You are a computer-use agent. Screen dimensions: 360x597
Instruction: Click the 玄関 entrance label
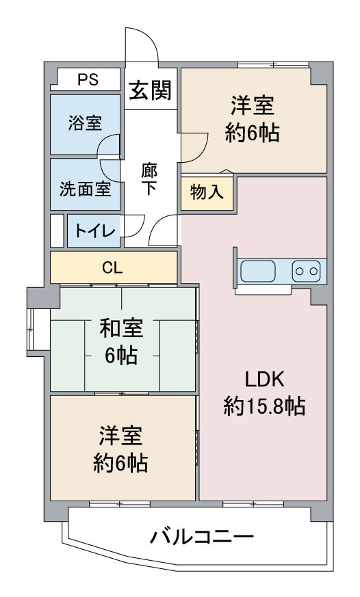(150, 91)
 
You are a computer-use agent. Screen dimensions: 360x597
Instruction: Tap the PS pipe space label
(88, 79)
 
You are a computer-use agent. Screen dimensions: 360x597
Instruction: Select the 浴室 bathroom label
(85, 123)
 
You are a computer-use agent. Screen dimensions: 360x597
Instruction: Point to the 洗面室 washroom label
(85, 189)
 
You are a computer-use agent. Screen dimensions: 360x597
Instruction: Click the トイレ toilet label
(94, 230)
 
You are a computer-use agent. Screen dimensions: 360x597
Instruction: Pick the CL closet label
(112, 268)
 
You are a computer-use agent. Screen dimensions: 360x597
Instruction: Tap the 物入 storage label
(207, 192)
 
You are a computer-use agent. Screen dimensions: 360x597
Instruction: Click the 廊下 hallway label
(149, 179)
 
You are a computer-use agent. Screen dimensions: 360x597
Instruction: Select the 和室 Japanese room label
(122, 328)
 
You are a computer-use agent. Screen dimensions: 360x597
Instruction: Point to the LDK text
(264, 380)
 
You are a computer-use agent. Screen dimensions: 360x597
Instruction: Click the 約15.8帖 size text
(264, 406)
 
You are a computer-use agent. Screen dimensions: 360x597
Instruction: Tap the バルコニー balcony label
(202, 538)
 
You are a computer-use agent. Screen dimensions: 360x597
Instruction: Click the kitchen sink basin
(258, 271)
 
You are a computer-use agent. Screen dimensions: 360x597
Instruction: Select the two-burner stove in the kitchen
(307, 271)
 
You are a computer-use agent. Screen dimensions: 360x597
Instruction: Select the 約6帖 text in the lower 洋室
(120, 463)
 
